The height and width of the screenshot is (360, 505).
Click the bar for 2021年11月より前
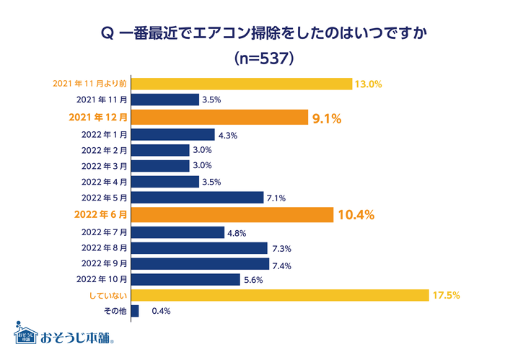coord(242,84)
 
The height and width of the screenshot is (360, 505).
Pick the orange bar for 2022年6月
coord(232,214)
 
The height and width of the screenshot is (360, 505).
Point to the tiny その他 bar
coord(135,311)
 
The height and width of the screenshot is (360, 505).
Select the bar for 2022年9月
coord(200,263)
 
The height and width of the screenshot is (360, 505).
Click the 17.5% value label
coord(447,295)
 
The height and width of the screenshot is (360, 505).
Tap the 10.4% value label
coord(356,215)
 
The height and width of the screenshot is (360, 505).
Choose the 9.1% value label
coord(326,118)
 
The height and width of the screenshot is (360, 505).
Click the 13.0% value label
coord(368,84)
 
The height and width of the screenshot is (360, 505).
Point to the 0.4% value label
coord(160,312)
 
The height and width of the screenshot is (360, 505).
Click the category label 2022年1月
coord(105,134)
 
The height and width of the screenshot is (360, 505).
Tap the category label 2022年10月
coord(102,279)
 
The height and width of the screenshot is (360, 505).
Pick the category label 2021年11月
coord(101,100)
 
